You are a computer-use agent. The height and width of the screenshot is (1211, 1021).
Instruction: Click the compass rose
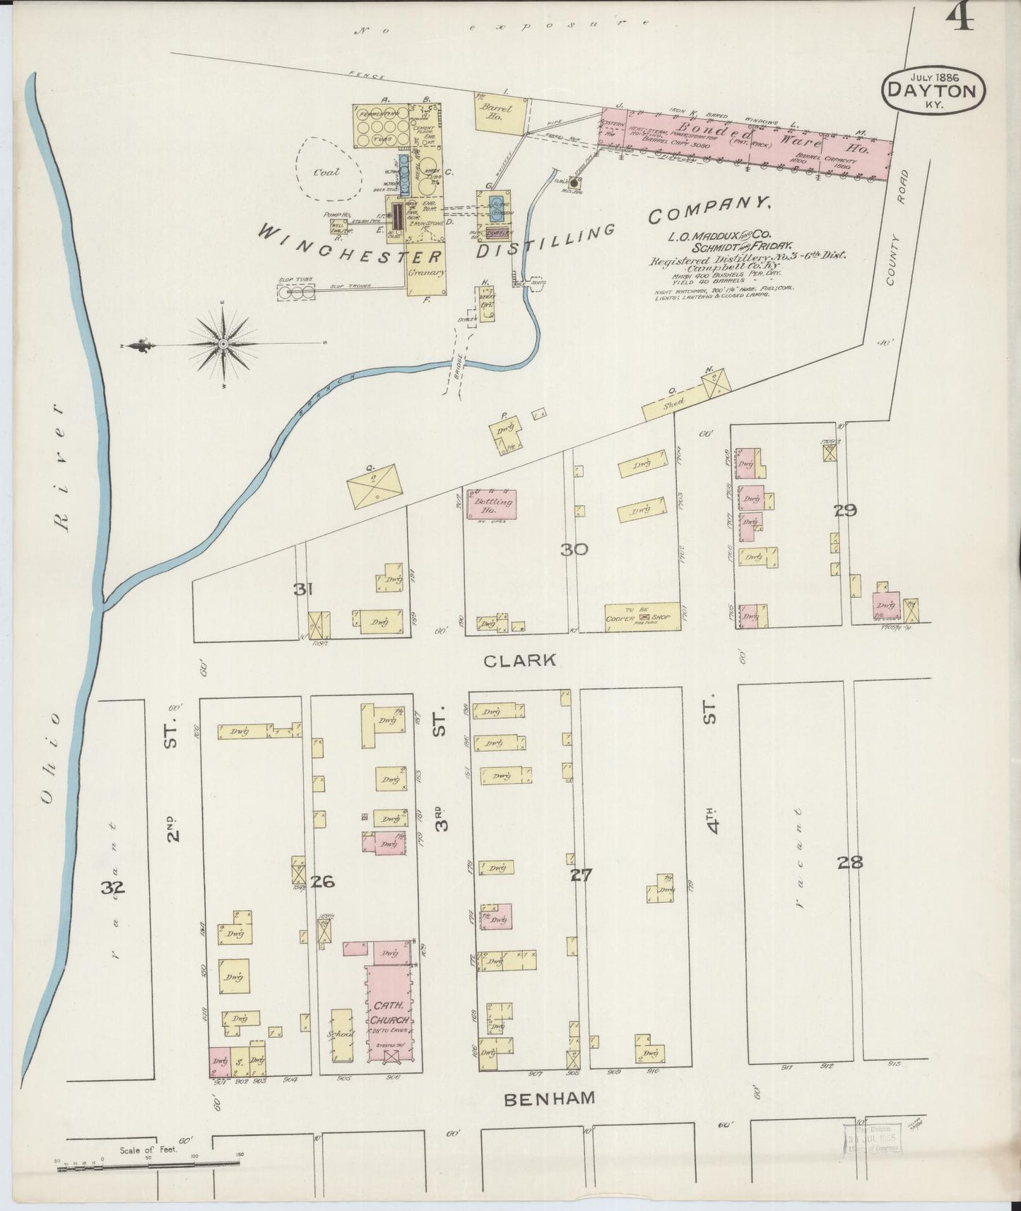click(x=223, y=344)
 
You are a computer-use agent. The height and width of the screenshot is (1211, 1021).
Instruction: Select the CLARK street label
click(x=521, y=661)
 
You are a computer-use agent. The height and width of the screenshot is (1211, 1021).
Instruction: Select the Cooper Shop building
click(x=642, y=616)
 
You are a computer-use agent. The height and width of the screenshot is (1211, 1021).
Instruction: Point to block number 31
click(x=304, y=589)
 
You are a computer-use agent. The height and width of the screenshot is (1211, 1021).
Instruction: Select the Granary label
click(x=427, y=272)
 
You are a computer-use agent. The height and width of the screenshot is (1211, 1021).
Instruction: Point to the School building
click(x=341, y=1034)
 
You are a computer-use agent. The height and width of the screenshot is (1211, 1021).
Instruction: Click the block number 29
click(x=844, y=510)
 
